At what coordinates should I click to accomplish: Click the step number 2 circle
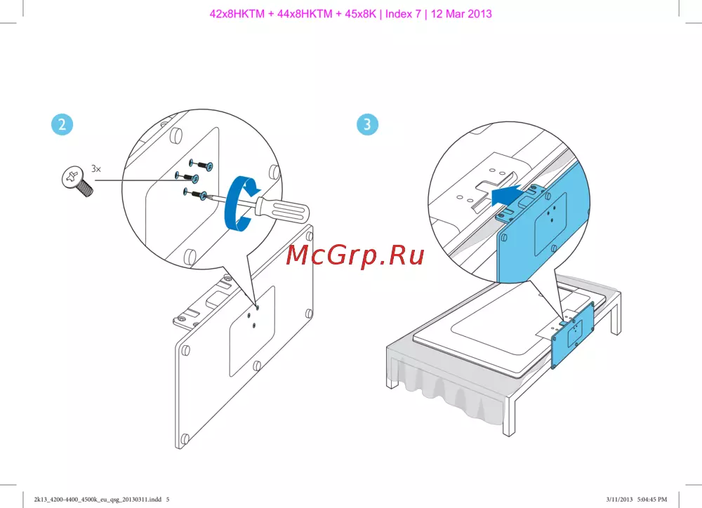(62, 124)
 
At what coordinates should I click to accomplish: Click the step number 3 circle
(367, 124)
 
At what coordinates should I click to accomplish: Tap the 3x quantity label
(96, 168)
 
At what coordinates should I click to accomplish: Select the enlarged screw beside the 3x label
(77, 181)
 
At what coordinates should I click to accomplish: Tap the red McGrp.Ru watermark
(355, 255)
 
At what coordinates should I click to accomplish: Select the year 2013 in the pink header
(480, 14)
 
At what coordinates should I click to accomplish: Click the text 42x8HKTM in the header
(237, 14)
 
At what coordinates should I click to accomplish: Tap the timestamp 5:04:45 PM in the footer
(652, 499)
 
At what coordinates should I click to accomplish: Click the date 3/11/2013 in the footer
(619, 499)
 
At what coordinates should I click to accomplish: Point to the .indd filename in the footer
(98, 499)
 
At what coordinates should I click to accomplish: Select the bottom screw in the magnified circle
(195, 194)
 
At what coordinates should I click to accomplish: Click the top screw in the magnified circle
(201, 164)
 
